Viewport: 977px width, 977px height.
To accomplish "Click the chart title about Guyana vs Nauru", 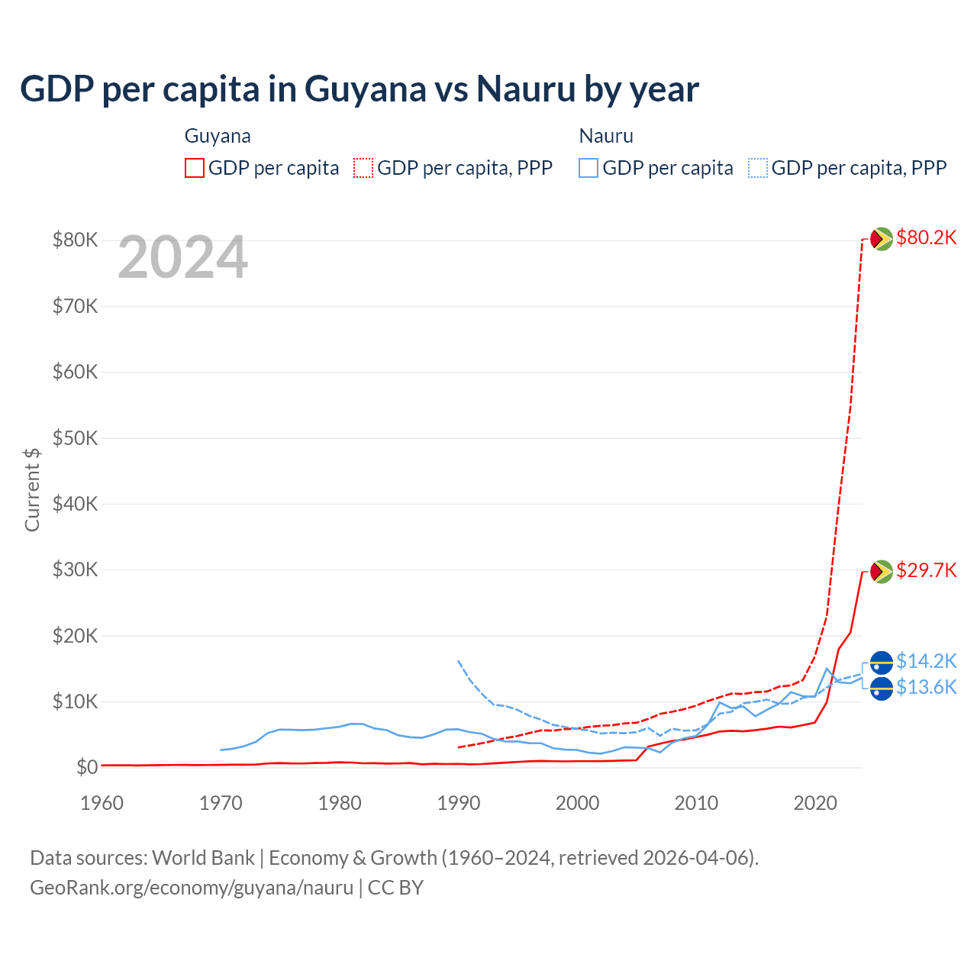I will coord(359,89).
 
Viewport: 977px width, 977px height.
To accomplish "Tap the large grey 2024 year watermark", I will coord(182,258).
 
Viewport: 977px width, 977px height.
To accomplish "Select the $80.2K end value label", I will coord(926,238).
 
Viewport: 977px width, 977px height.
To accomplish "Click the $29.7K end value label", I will coord(926,571).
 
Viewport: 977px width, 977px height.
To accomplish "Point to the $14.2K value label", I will coord(926,661).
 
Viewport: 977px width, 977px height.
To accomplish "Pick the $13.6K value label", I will coord(926,688).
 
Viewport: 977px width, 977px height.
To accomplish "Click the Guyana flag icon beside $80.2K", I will coord(882,239).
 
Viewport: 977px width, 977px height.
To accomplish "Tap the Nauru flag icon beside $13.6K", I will coord(882,688).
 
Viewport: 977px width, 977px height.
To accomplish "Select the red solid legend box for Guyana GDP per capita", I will coord(195,168).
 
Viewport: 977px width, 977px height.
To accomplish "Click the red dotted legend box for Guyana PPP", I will coord(363,168).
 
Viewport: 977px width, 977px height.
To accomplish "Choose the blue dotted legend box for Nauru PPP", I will coord(758,168).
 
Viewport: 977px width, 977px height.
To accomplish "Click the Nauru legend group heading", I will coord(606,137).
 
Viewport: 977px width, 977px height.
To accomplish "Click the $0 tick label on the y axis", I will coord(87,768).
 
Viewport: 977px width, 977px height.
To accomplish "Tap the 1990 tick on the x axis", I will coord(459,803).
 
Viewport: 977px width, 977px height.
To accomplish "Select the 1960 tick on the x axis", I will coord(102,803).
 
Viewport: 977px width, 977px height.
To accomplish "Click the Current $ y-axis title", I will coord(32,489).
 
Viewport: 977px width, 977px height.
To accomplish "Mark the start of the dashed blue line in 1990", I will coord(458,661).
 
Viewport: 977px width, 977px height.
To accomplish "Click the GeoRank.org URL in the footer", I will coord(192,888).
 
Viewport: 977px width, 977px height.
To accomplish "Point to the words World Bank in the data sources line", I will coord(203,858).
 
